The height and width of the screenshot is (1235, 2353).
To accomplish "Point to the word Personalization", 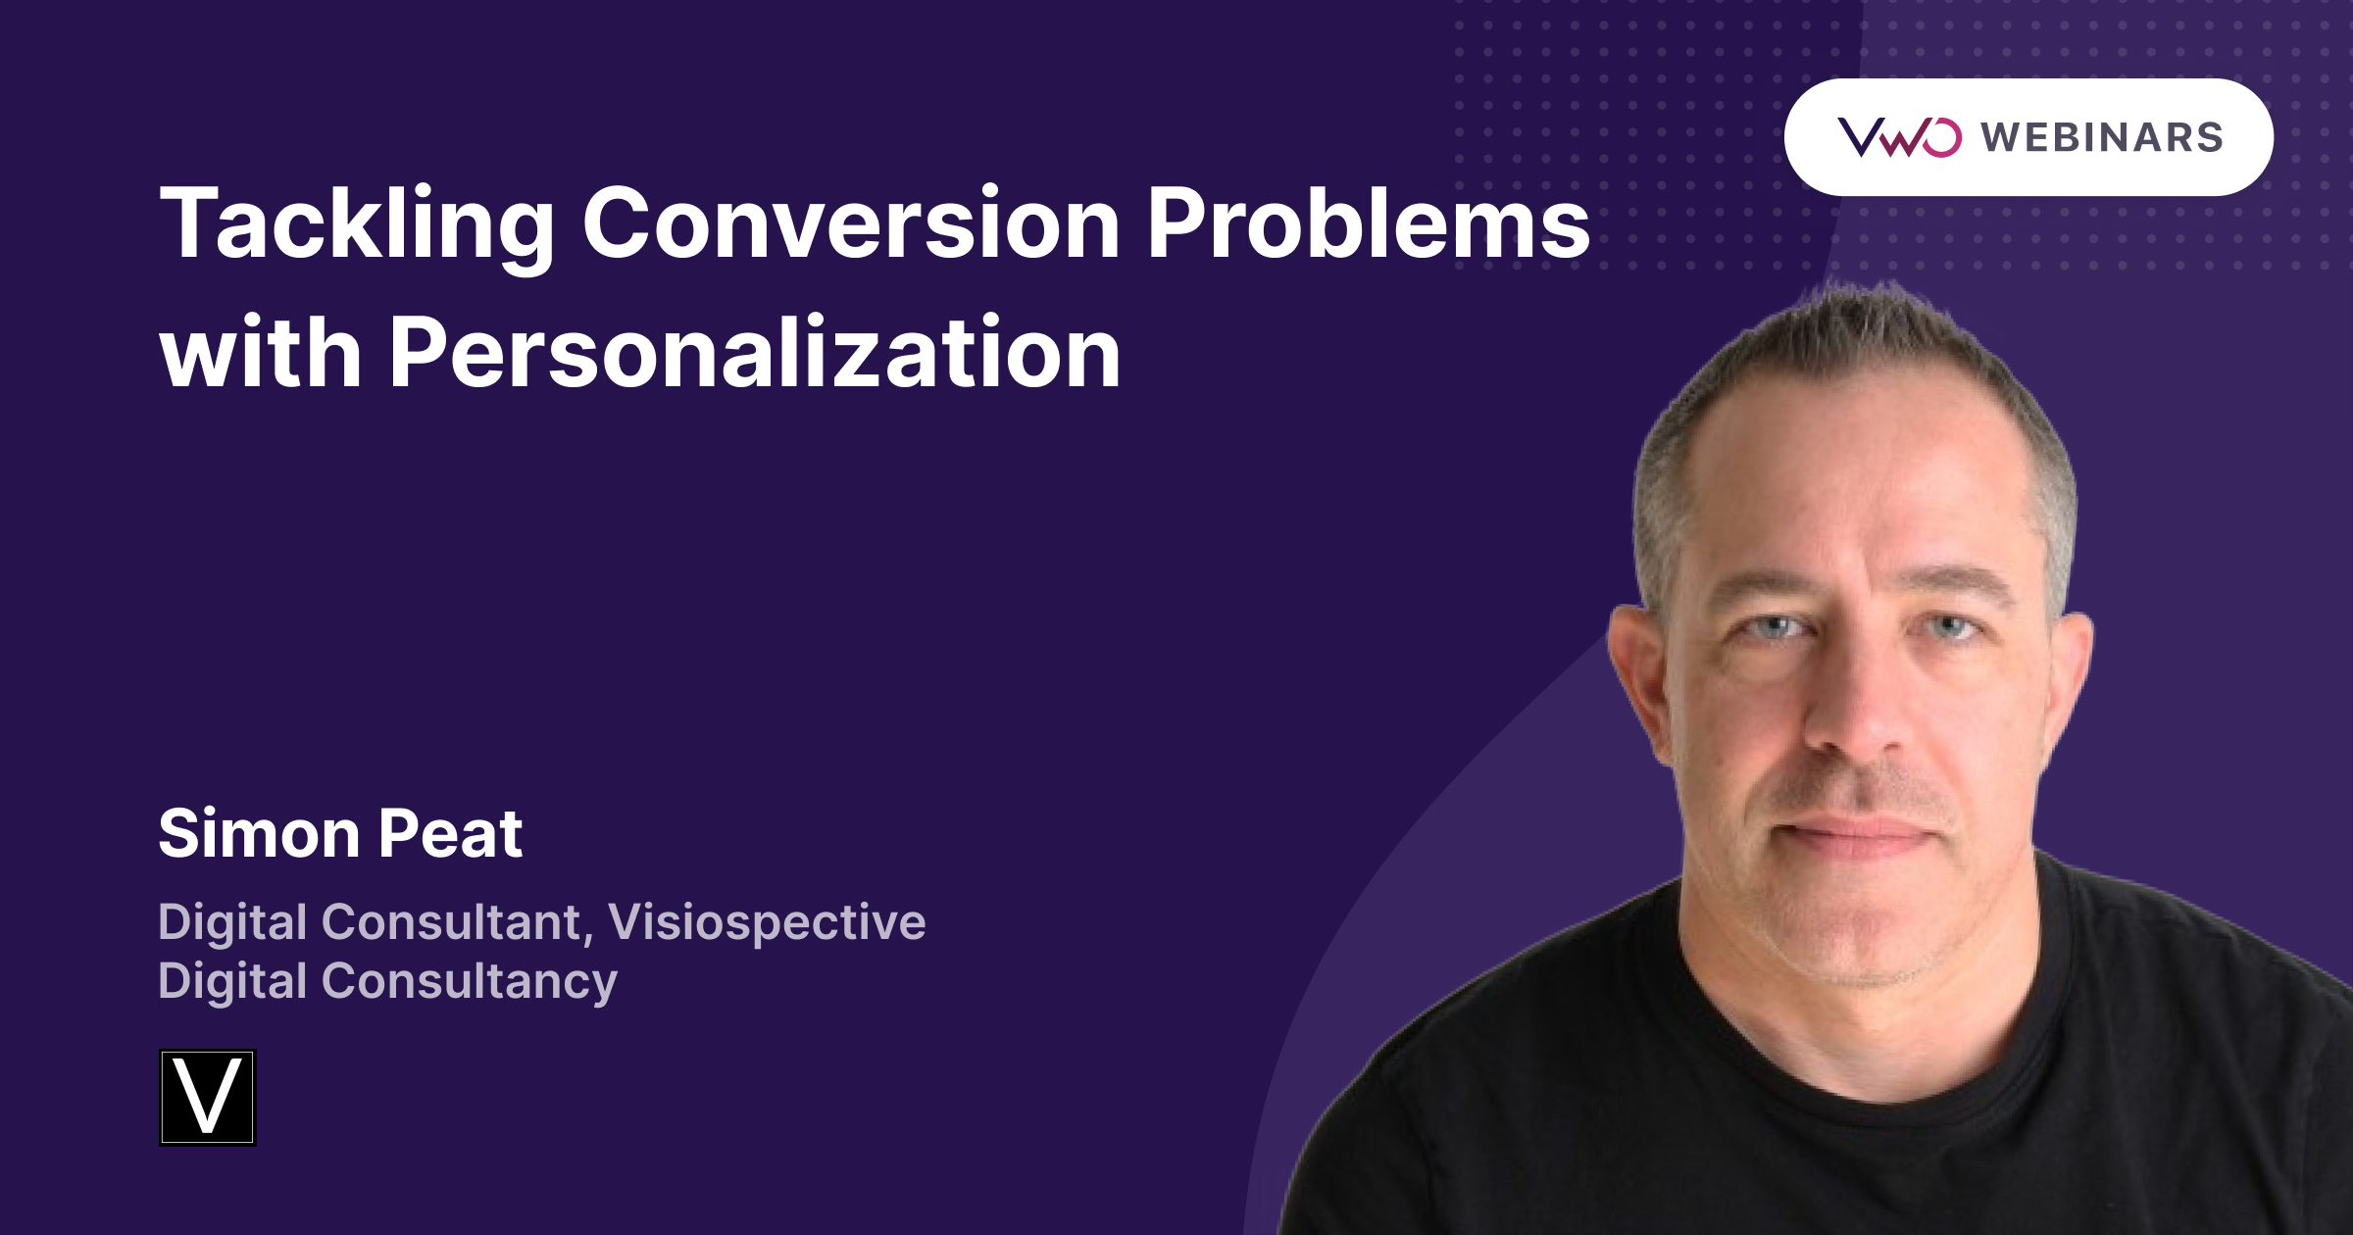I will coord(755,353).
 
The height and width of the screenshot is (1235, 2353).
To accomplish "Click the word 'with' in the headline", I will coord(261,353).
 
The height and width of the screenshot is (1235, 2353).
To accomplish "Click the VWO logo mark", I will coord(1899,137).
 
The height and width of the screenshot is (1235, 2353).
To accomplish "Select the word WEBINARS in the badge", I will coord(2102,137).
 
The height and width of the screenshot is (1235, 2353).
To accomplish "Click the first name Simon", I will coord(259,834).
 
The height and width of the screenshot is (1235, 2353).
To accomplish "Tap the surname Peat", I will coord(450,834).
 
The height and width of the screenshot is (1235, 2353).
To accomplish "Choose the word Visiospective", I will coord(767,922).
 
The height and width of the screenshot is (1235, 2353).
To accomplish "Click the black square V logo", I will coord(208,1098).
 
